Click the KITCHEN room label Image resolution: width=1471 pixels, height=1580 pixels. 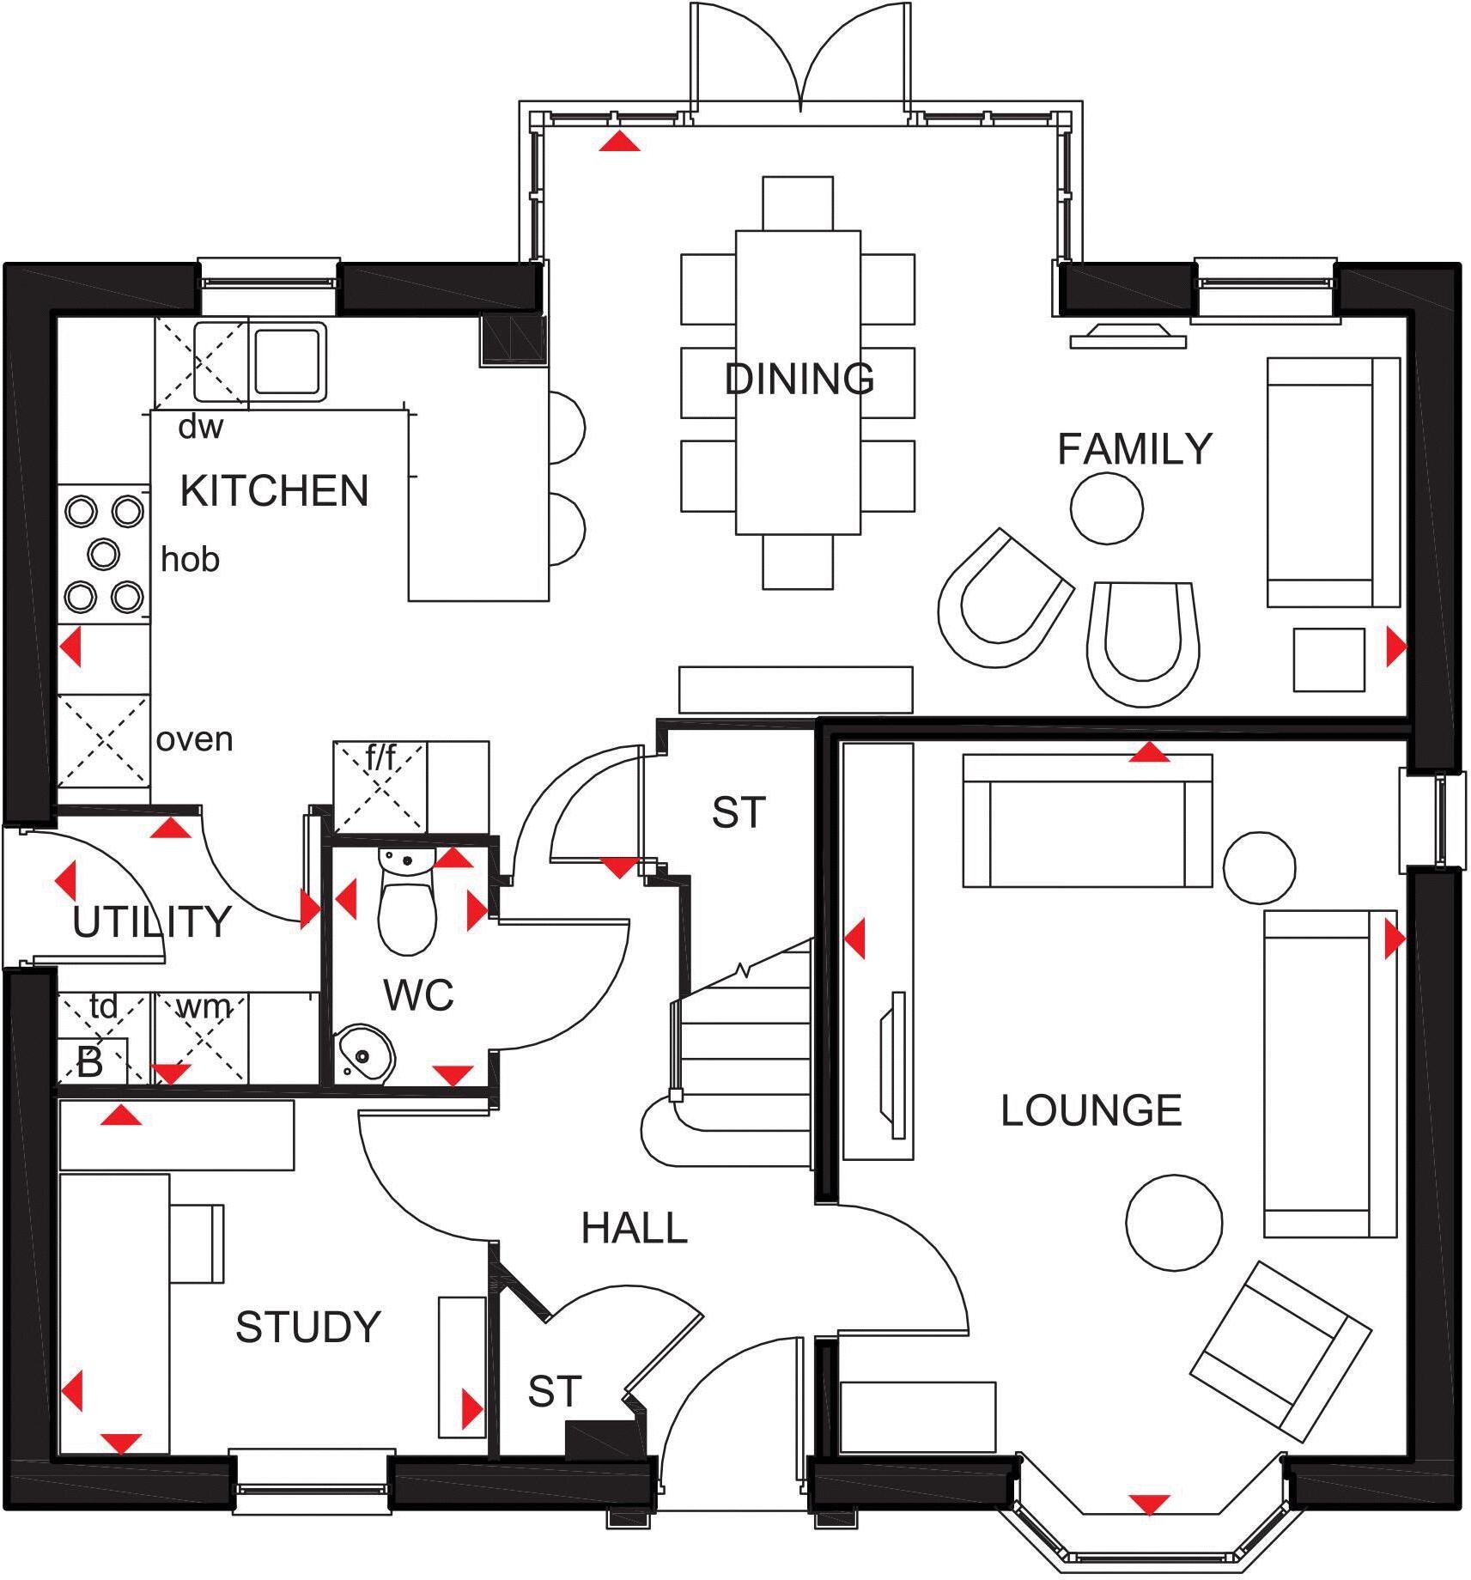point(274,491)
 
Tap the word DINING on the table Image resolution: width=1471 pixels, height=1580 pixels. point(799,379)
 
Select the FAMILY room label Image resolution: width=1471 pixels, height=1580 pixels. point(1134,449)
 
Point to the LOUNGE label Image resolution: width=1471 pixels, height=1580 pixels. point(1091,1110)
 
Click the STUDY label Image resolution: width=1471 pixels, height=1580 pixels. point(307,1327)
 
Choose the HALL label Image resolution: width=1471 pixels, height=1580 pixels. point(634,1228)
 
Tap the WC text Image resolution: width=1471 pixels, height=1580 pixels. point(418,995)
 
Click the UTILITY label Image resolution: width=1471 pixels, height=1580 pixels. point(152,922)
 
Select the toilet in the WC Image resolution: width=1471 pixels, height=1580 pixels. point(407,906)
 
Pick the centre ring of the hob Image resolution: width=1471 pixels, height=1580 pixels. point(103,554)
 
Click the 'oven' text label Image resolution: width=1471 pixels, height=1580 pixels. point(194,739)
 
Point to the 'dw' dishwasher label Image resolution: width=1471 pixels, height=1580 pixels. point(200,427)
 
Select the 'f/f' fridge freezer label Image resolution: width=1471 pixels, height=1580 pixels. point(380,758)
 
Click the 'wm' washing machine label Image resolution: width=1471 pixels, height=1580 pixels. point(203,1006)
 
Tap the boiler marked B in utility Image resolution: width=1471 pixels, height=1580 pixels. point(90,1063)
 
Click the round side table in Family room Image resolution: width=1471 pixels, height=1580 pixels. point(1106,507)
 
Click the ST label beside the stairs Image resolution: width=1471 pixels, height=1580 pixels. point(738,812)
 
